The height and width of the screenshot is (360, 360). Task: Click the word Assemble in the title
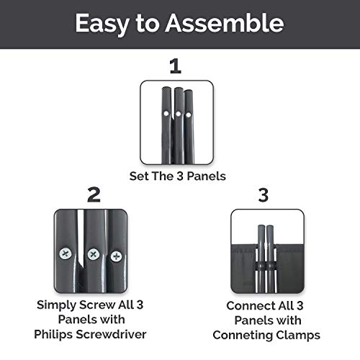[x=225, y=23]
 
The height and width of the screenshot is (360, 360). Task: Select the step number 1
[x=176, y=66]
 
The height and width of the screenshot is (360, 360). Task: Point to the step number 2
[x=94, y=194]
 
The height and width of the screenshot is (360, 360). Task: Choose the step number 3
[x=264, y=195]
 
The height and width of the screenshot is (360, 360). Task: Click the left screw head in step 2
[x=66, y=253]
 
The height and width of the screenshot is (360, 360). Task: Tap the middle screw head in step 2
[x=94, y=254]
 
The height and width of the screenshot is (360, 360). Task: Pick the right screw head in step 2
[x=116, y=256]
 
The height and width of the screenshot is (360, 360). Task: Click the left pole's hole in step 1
[x=166, y=114]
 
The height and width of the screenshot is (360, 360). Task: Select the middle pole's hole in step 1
[x=178, y=114]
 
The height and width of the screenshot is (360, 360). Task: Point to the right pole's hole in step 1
[x=189, y=114]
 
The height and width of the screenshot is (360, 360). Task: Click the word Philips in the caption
[x=53, y=334]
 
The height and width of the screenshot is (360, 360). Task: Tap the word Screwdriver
[x=111, y=334]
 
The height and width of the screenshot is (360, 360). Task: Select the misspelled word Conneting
[x=243, y=336]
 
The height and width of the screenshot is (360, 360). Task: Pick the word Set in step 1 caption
[x=138, y=176]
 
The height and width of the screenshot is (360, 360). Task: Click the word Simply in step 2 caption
[x=56, y=305]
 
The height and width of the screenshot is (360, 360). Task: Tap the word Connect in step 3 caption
[x=248, y=306]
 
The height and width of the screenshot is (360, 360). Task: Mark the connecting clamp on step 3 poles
[x=266, y=266]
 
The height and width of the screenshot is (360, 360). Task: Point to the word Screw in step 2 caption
[x=97, y=305]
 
